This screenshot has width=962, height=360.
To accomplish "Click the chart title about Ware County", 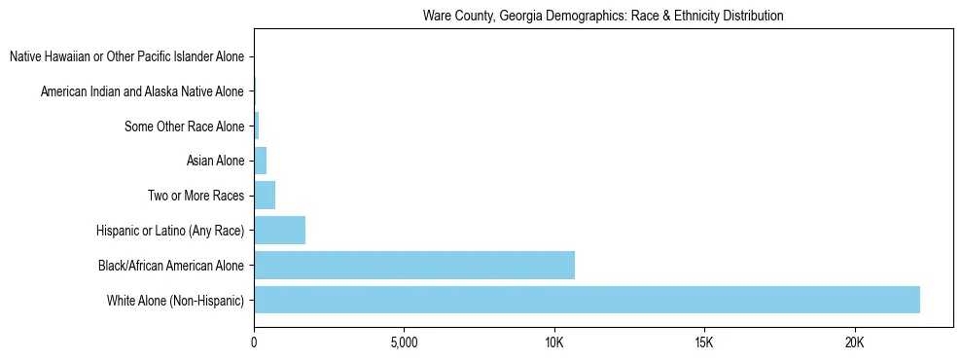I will coord(603,17).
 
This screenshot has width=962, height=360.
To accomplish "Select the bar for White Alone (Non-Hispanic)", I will coord(587,300).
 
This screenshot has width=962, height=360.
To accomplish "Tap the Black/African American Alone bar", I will coord(414,265).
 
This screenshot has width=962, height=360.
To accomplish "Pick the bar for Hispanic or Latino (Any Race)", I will coord(280,231).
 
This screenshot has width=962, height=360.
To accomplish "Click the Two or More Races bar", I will coord(265,196).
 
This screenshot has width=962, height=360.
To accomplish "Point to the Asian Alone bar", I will coord(261,161).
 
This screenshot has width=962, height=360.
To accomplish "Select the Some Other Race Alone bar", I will coord(257,126).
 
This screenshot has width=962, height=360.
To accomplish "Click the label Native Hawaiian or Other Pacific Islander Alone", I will coord(126,57).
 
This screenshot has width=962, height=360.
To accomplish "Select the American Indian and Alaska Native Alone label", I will coord(142,92).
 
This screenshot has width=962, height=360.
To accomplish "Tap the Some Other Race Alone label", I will coord(185,126).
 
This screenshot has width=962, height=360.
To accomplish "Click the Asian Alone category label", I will coord(215,161).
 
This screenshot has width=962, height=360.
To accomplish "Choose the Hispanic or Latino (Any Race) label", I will coord(170,231).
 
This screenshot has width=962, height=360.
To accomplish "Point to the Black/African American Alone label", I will coord(171,265).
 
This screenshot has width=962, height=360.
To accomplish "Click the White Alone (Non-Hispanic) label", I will coord(176,300).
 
